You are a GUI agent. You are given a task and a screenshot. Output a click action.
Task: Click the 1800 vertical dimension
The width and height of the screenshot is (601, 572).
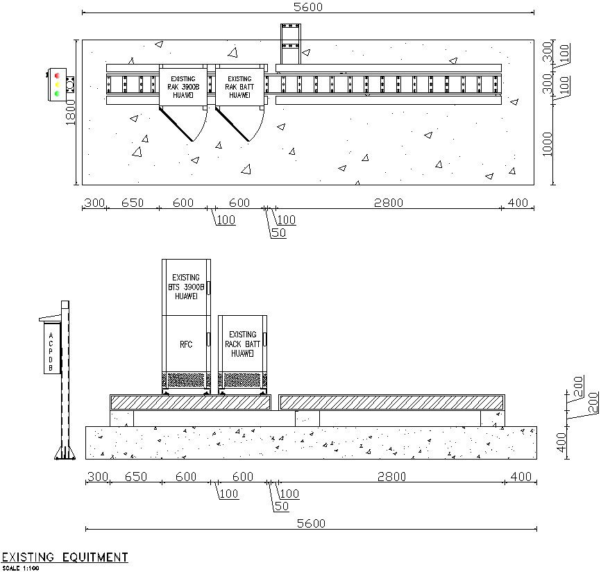71,112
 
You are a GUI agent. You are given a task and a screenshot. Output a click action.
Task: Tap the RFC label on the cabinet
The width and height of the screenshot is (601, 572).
186,344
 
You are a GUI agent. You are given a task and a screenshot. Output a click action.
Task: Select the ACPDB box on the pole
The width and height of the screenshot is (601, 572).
50,352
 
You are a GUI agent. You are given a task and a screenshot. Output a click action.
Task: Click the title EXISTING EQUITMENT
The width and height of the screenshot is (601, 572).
65,557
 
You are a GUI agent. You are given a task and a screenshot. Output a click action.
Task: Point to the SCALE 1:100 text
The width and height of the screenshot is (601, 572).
21,569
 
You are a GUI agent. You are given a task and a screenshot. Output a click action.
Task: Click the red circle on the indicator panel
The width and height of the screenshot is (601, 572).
56,75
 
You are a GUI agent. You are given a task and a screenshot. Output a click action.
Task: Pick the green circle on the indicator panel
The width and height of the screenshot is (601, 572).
56,93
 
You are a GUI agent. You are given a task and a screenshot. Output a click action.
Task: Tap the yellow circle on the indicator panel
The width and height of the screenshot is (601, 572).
56,84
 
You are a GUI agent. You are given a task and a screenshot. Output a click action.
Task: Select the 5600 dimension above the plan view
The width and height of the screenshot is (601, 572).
308,7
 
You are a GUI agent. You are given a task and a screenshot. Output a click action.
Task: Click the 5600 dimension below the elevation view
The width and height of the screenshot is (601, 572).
311,523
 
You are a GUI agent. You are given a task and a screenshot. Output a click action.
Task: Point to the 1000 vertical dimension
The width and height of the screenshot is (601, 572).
548,143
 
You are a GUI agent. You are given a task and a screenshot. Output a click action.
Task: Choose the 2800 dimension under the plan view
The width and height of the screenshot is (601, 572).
388,203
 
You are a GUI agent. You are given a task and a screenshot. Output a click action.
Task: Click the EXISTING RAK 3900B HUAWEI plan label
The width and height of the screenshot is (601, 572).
183,87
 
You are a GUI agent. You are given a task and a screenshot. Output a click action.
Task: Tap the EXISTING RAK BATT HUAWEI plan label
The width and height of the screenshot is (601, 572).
240,87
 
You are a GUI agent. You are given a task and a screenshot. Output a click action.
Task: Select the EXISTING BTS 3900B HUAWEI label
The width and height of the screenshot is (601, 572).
186,286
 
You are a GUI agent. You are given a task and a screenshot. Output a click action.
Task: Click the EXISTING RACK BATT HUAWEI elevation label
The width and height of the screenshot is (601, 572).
243,344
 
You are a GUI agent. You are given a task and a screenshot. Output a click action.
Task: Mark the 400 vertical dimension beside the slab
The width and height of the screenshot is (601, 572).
562,440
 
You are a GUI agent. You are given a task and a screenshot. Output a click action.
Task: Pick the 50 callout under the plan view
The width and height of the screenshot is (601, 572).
278,233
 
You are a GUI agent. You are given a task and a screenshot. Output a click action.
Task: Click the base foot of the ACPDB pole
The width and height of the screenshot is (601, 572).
65,454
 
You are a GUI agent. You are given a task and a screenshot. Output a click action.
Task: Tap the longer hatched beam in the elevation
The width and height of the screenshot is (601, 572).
391,402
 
